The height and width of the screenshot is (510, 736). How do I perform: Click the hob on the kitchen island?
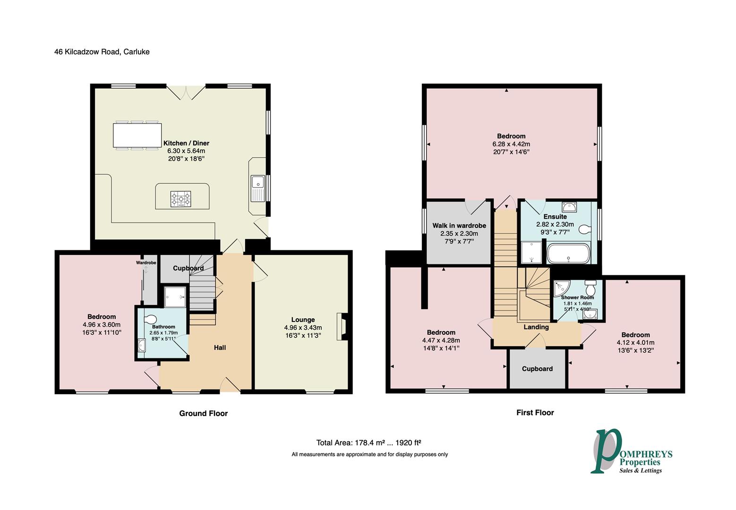[x=181, y=199]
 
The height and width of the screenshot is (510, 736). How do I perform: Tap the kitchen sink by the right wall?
[x=258, y=188]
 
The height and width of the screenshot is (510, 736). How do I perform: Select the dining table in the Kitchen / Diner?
[x=137, y=136]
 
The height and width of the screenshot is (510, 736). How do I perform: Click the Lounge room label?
[x=303, y=320]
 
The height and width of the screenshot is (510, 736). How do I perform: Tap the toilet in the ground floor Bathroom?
[x=150, y=319]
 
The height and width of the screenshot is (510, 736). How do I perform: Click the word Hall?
[x=220, y=348]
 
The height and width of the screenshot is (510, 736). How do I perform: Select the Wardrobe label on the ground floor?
[x=146, y=263]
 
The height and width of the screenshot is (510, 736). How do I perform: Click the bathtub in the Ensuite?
[x=568, y=253]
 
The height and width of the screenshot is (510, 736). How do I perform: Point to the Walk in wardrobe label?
[x=459, y=226]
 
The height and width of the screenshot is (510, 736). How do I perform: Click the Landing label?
[x=536, y=327]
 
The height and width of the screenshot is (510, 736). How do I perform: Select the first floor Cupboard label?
[x=537, y=369]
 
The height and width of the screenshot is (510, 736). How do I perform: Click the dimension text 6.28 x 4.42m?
[x=511, y=144]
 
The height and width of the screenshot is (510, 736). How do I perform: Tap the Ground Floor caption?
[x=204, y=414]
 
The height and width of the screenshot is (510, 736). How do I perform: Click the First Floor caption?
[x=535, y=412]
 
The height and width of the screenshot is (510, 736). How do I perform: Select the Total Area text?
[x=368, y=442]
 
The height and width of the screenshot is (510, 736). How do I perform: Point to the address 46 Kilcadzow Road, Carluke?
[x=102, y=52]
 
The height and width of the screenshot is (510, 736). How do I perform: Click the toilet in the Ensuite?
[x=584, y=229]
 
